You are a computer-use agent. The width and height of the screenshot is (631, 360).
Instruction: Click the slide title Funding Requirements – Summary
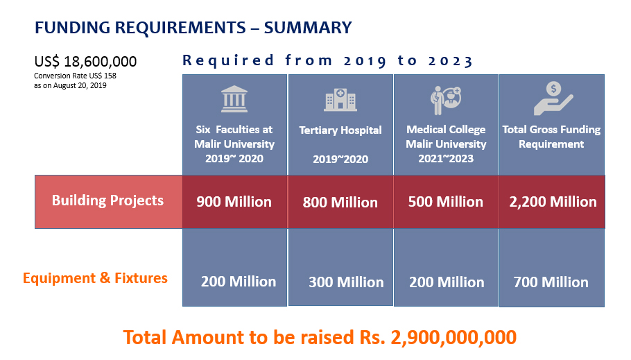193,28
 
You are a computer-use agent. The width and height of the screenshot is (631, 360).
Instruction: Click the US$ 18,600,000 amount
85,61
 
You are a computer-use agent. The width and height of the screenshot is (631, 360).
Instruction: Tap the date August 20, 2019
76,85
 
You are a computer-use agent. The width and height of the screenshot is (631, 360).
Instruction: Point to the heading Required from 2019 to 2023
327,60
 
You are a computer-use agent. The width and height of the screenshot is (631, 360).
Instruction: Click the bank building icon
234,100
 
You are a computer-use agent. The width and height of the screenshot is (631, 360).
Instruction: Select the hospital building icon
340,100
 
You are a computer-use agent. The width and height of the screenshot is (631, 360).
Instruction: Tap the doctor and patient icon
446,100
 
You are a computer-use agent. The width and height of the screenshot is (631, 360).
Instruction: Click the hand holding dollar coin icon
552,98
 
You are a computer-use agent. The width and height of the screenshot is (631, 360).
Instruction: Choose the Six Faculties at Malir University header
234,144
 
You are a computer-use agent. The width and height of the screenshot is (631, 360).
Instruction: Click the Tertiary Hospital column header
340,130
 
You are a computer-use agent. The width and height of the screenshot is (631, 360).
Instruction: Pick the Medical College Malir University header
446,144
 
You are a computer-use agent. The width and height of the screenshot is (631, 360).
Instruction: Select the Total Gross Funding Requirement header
551,137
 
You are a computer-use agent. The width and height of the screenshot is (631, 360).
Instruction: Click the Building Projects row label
108,200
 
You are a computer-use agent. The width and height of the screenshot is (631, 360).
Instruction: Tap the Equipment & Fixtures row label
95,278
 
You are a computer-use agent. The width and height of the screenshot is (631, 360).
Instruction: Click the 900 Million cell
234,202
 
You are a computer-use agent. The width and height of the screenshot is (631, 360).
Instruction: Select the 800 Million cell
340,203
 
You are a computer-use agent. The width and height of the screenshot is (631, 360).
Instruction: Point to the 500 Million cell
446,202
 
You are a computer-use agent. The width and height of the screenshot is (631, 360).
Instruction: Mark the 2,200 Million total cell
552,202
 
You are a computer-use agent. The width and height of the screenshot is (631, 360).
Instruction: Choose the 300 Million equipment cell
346,282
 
